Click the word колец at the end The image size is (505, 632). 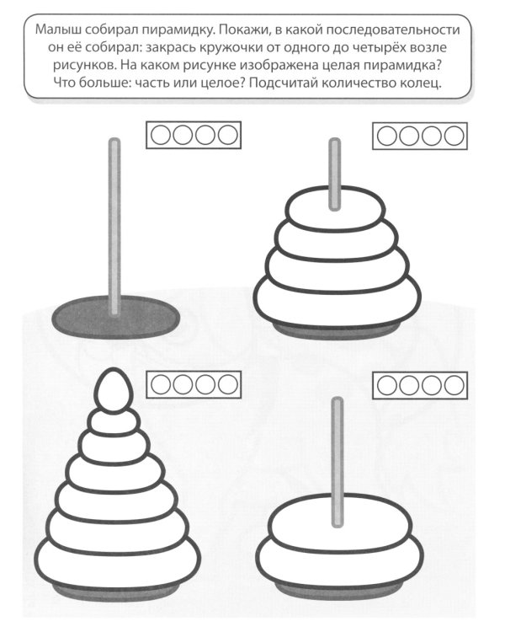click(421, 83)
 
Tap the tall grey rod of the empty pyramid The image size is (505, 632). click(114, 226)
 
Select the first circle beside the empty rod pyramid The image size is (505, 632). click(160, 135)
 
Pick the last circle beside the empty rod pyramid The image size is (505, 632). click(228, 135)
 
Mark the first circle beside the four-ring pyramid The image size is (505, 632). click(386, 136)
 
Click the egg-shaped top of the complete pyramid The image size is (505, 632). click(114, 390)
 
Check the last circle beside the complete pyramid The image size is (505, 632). click(228, 384)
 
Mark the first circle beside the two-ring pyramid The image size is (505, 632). click(386, 385)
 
